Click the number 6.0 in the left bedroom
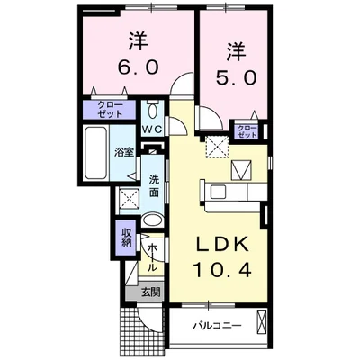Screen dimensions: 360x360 (137, 67)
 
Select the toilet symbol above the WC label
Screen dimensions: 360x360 (152, 112)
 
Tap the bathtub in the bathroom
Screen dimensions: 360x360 (95, 153)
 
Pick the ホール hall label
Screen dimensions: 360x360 (152, 257)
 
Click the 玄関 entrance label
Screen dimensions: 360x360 (149, 292)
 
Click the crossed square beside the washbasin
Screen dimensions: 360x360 (128, 200)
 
